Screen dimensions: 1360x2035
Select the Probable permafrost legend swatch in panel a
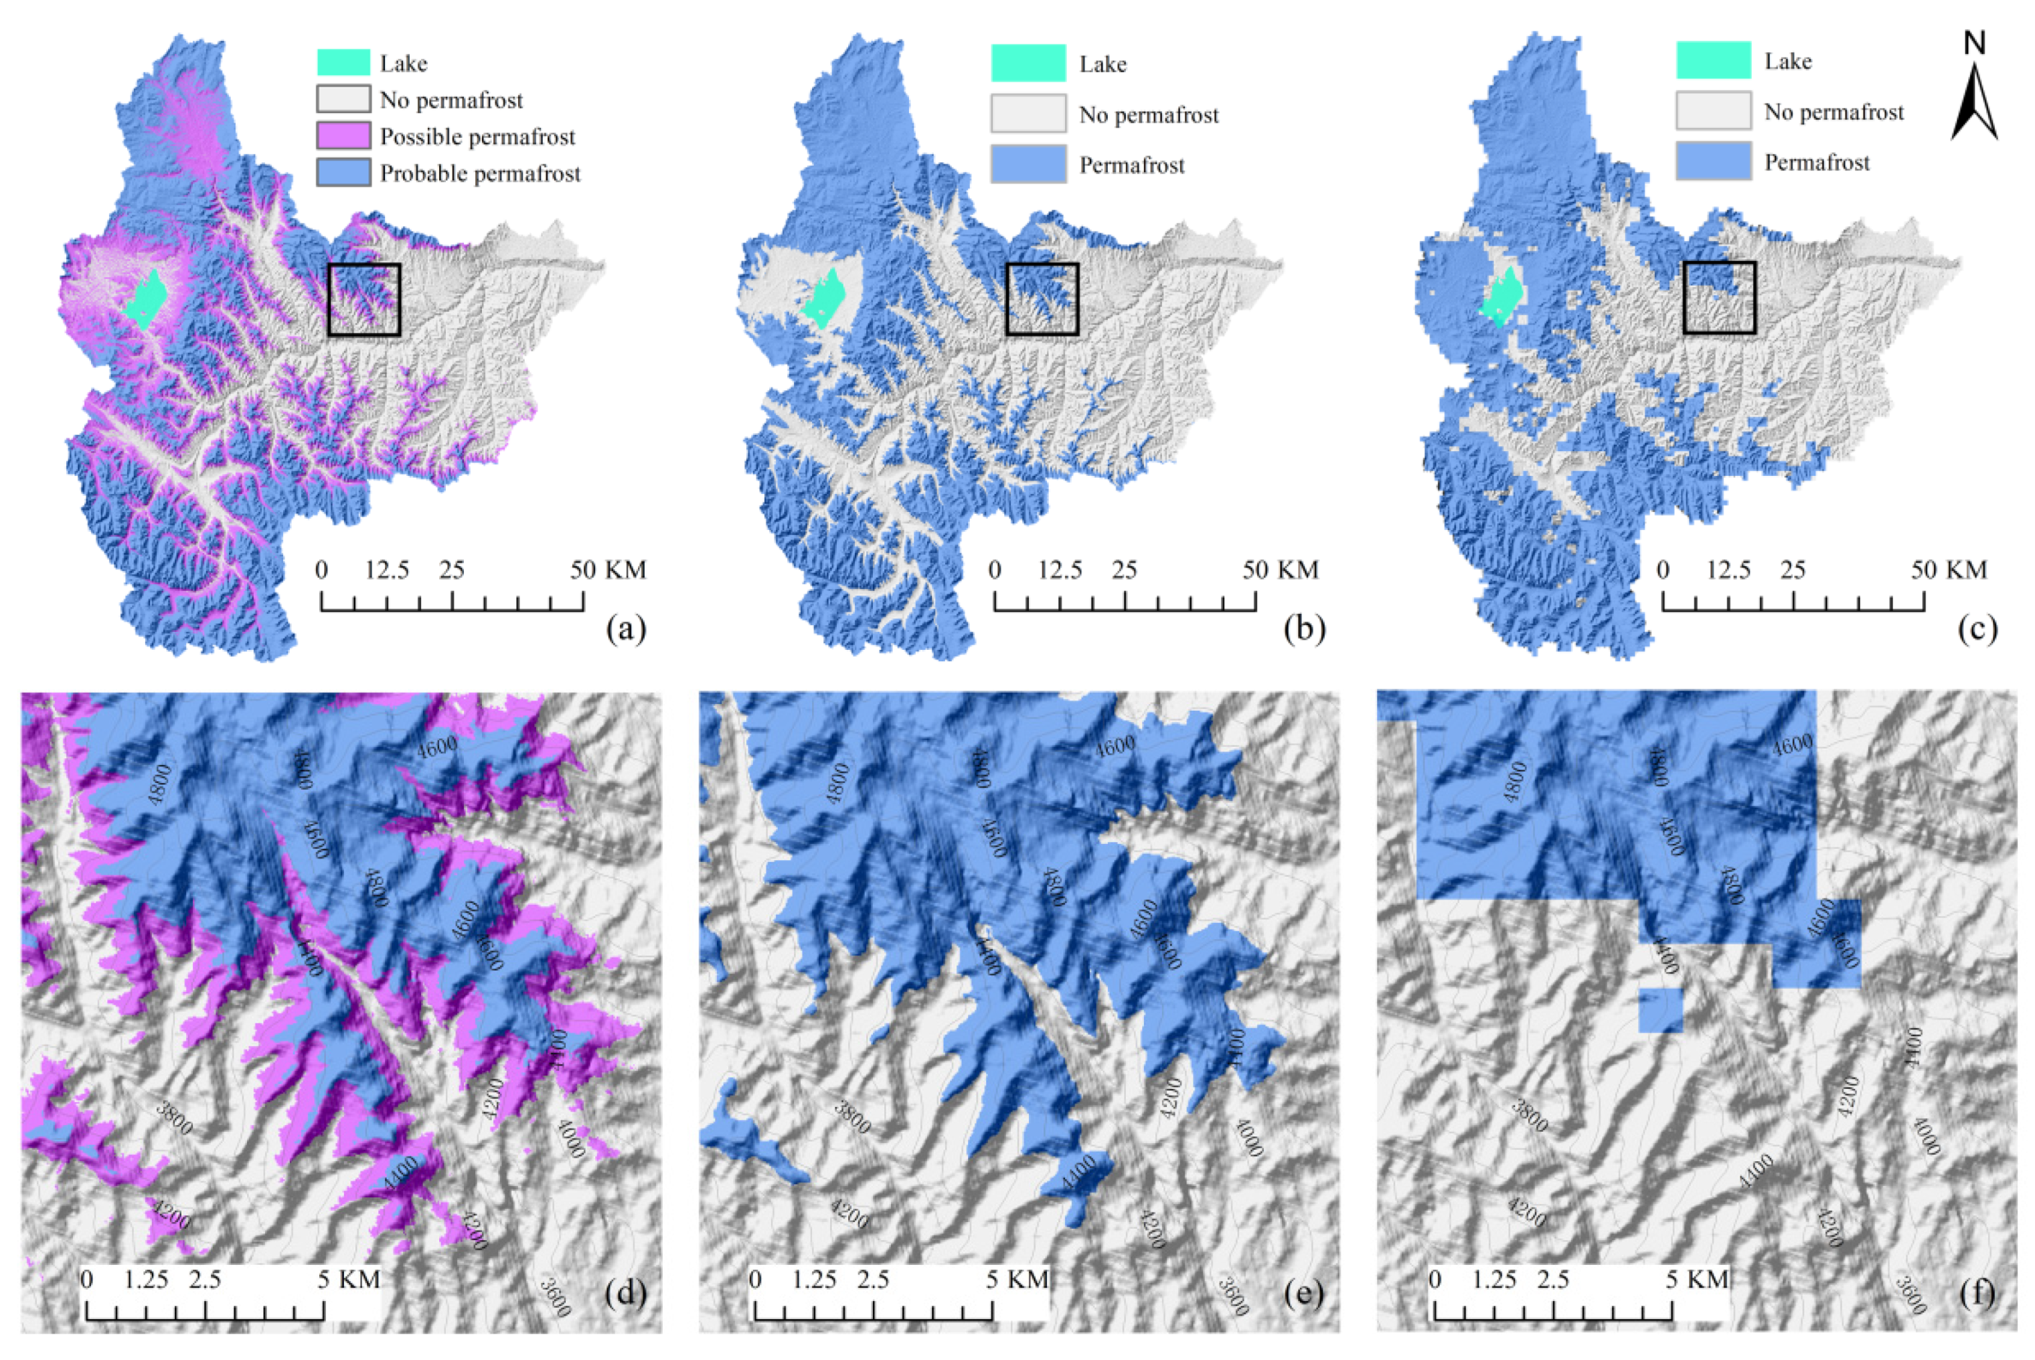[x=343, y=173]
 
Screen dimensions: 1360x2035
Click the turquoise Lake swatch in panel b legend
[x=1028, y=64]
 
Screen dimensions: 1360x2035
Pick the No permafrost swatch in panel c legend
[x=1712, y=112]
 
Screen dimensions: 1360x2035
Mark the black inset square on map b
[x=1042, y=299]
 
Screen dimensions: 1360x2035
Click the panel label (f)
[x=1976, y=1294]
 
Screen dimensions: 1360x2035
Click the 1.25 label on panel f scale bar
[x=1493, y=1279]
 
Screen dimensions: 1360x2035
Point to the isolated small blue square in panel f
[x=1660, y=1011]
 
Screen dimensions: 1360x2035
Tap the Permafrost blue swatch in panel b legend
[x=1028, y=165]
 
